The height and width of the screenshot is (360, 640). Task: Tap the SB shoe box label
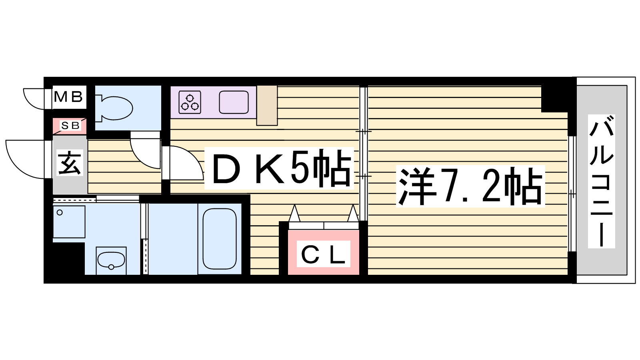(70, 126)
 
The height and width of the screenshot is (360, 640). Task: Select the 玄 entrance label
(70, 163)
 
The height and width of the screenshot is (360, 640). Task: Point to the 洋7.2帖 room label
(470, 186)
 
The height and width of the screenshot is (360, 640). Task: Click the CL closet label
(323, 254)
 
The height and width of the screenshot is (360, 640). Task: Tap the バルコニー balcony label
(602, 181)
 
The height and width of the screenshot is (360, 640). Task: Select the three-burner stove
(190, 102)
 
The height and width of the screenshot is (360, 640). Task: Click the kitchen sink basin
(234, 102)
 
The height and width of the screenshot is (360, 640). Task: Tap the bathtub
(220, 238)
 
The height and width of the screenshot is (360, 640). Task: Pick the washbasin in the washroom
(111, 260)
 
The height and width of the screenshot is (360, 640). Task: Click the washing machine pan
(69, 222)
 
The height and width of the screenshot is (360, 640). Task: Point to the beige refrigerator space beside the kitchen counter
(267, 106)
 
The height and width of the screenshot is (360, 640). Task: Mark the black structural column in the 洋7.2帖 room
(555, 99)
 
